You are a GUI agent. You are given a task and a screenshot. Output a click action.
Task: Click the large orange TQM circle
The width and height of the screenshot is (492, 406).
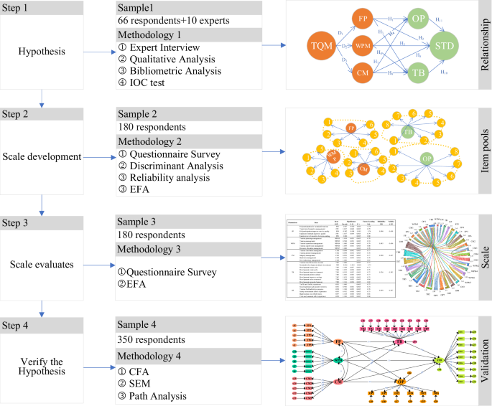click(321, 47)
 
